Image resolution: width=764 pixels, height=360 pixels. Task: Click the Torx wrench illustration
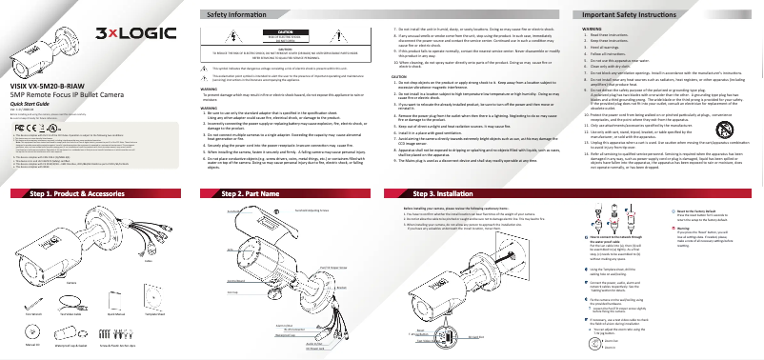[34, 305]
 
